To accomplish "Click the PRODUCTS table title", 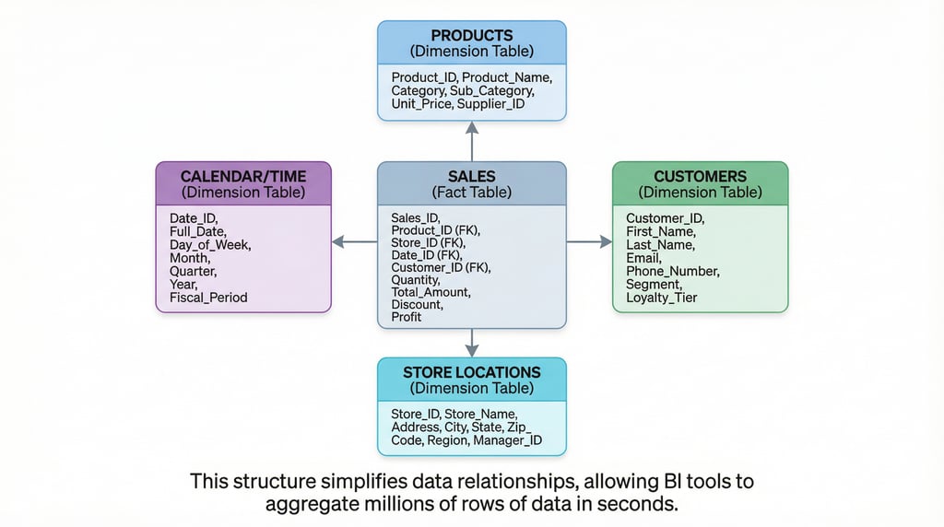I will pos(472,34).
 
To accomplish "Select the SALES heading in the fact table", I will pos(472,176).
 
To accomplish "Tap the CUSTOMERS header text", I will pos(700,176).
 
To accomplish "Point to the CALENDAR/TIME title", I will pos(243,176).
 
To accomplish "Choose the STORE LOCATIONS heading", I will pos(472,372).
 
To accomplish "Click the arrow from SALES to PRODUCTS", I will pos(472,141).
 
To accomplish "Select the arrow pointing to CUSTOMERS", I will pos(589,241).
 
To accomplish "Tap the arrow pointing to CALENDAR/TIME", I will pos(354,241).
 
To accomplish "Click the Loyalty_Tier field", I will pos(661,298).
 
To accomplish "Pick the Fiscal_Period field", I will pos(208,298).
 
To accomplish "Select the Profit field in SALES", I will pos(406,317).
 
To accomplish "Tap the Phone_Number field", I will pos(671,272).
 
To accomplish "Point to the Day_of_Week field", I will pos(209,245).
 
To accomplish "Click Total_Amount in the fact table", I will pos(430,292).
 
